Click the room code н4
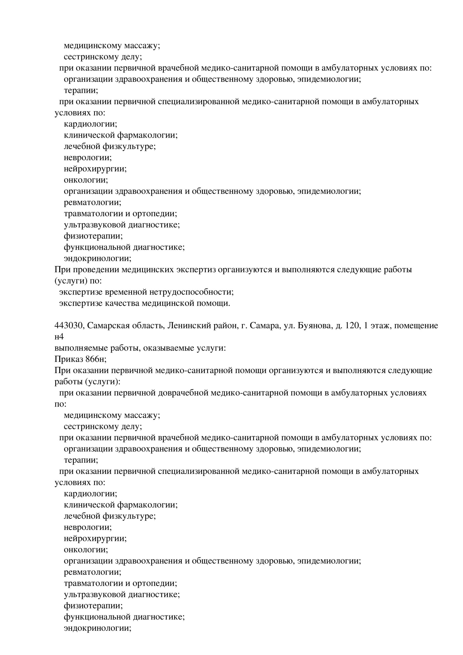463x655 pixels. [59, 337]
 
